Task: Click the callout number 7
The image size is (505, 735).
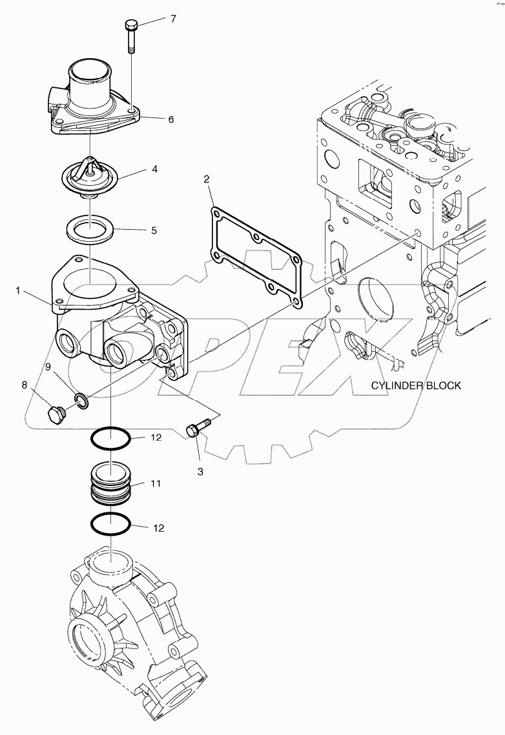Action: coord(173,19)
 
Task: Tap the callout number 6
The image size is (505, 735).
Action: coord(171,119)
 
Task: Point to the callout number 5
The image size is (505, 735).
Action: coord(153,230)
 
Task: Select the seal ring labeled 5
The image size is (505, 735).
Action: coord(90,228)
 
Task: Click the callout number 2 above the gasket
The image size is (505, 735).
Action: coord(207,179)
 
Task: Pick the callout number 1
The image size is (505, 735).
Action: coord(19,292)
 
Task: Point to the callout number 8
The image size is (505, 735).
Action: coord(25,385)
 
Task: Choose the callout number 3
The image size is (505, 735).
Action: coord(200,472)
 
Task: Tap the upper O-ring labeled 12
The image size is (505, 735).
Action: coord(110,441)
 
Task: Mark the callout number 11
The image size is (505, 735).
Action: coord(156,483)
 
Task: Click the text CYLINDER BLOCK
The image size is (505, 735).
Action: coord(416,385)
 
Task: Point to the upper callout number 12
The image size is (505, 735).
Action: coord(156,438)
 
